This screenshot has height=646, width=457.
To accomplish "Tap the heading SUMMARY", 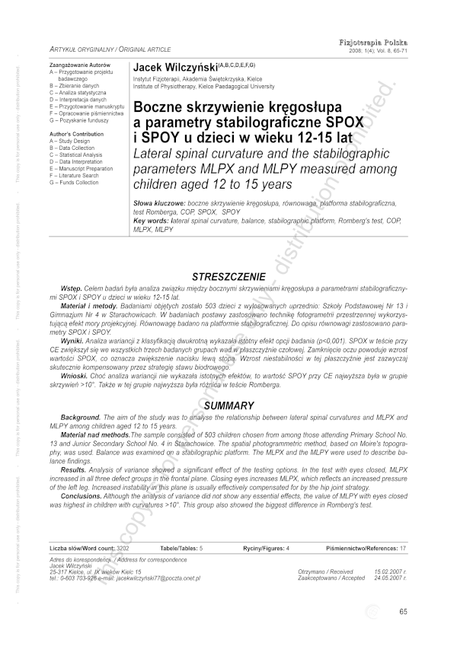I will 229,406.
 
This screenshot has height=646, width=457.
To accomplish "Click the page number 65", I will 404,612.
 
